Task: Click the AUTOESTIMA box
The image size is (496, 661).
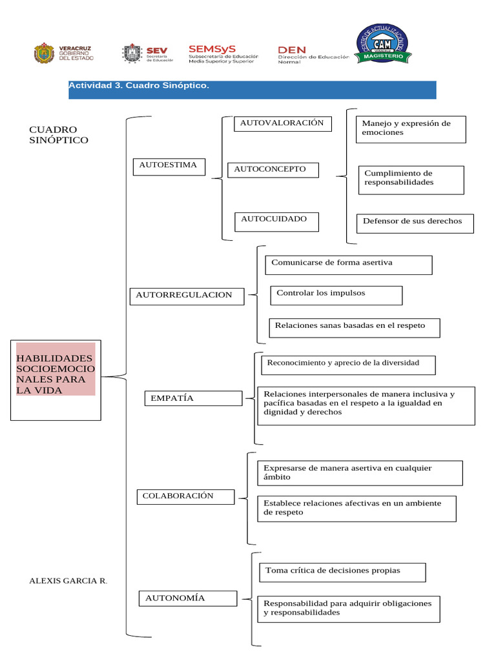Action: [x=169, y=167]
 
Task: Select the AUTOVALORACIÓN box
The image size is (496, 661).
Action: [x=283, y=124]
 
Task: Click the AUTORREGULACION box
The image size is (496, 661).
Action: [x=187, y=296]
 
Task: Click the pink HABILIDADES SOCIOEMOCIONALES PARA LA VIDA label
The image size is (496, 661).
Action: [x=56, y=374]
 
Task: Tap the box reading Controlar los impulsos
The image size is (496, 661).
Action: [x=336, y=295]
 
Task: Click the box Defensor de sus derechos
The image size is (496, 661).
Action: [x=415, y=223]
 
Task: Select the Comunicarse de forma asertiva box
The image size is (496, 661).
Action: [x=348, y=265]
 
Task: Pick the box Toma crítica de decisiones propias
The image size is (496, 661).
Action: [x=342, y=572]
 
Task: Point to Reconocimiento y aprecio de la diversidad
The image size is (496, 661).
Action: [x=347, y=365]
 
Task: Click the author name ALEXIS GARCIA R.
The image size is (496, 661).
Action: [x=68, y=581]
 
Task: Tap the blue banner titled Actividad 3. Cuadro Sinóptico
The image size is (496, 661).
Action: [x=252, y=89]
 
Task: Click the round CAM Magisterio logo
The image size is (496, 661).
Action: [x=380, y=45]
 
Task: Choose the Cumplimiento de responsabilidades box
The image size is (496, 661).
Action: [x=411, y=179]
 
